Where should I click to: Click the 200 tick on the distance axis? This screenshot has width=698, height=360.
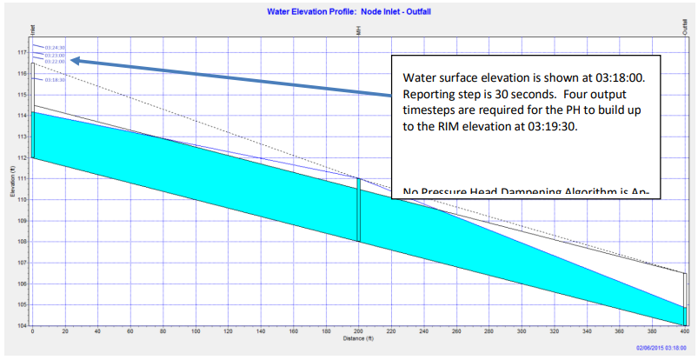[358, 332]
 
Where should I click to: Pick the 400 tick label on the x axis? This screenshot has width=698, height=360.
[685, 332]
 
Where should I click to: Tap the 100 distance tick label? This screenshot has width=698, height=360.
[196, 332]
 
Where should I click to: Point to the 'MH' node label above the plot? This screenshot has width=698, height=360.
[358, 30]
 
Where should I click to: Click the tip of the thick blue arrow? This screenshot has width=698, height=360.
[72, 60]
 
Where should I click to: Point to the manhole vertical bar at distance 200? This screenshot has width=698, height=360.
[358, 209]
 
